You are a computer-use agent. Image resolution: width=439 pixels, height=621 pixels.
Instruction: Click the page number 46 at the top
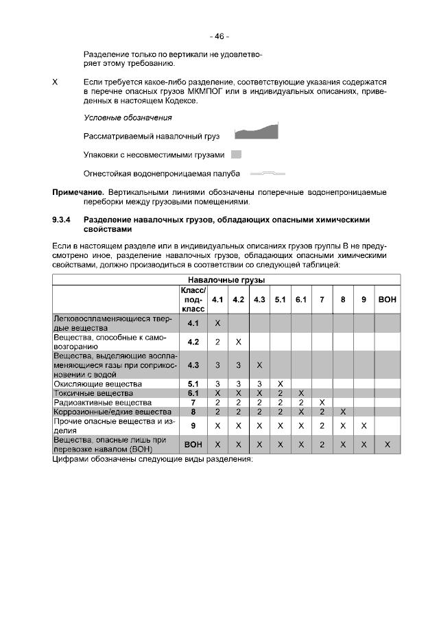click(219, 36)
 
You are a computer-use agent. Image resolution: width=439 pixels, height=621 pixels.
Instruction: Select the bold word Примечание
click(78, 192)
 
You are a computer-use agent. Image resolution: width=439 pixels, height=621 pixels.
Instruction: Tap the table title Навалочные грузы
click(226, 280)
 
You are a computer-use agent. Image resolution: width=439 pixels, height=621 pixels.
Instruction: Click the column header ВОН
click(388, 300)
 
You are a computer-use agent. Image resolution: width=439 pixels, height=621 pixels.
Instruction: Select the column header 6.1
click(300, 300)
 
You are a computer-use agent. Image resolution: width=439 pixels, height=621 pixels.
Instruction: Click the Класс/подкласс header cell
click(193, 300)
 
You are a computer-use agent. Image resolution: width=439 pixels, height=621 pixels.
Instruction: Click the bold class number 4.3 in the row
click(193, 364)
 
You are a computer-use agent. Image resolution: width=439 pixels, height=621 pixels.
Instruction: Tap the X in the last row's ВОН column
click(388, 445)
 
